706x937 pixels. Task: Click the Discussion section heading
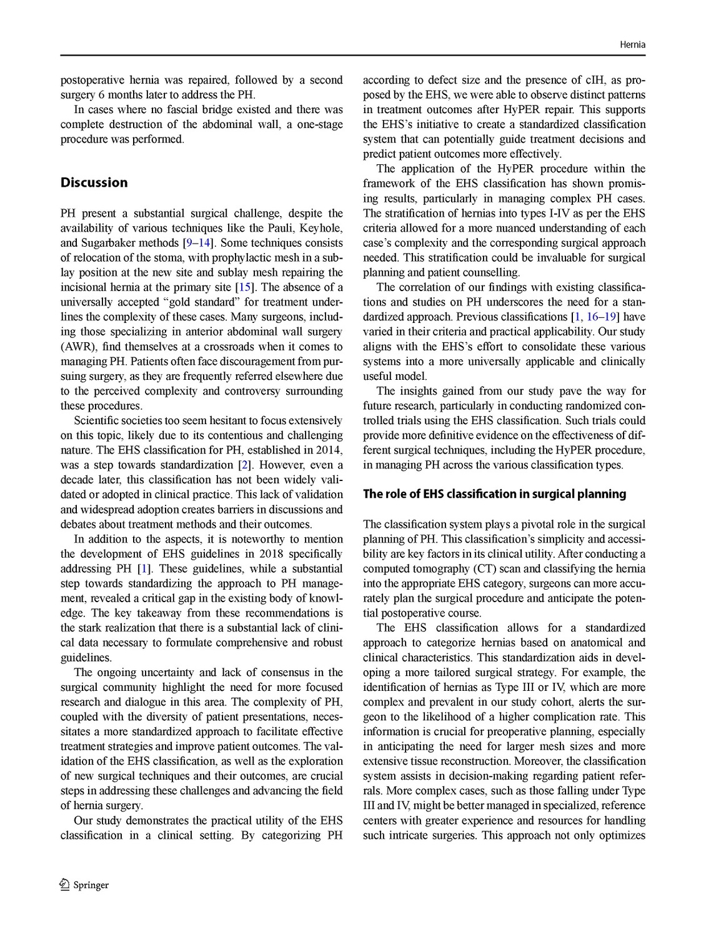click(x=94, y=182)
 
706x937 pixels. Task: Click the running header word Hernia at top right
click(x=632, y=45)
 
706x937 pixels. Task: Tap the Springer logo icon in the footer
click(x=64, y=884)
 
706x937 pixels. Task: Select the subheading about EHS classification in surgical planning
click(x=494, y=494)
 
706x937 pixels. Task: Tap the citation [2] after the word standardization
click(x=245, y=465)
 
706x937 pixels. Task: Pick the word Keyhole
click(x=322, y=228)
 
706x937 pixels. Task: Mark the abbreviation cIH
click(x=597, y=80)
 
